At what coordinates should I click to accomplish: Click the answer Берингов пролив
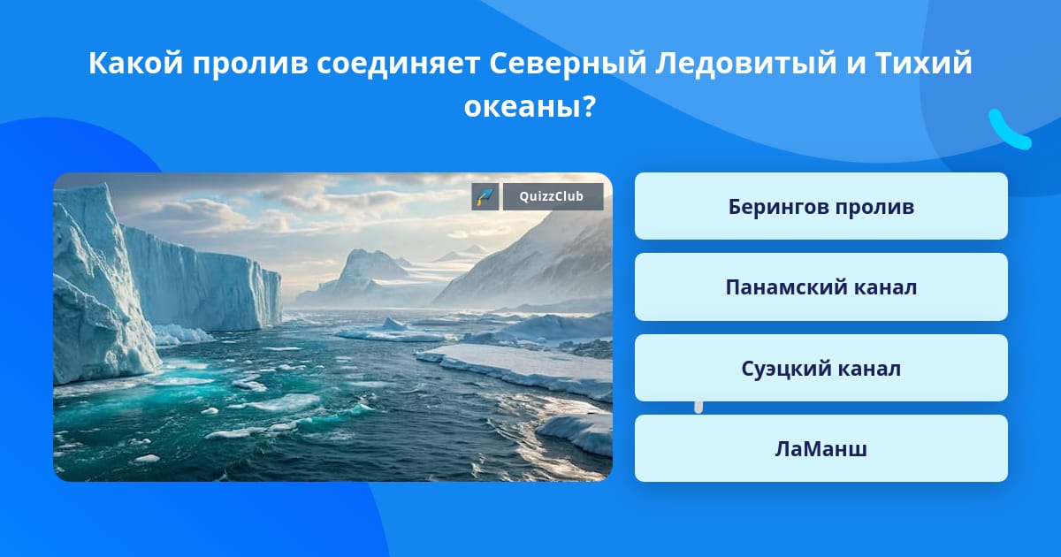coord(821,206)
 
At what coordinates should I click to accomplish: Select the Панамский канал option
coord(821,287)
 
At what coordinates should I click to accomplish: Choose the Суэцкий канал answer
coord(821,368)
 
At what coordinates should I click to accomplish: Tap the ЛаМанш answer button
coord(821,448)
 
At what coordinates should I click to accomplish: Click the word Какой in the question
coord(135,63)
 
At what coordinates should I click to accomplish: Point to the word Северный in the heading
coord(568,63)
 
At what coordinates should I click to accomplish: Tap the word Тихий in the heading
coord(924,63)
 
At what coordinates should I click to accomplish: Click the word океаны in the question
coord(523,107)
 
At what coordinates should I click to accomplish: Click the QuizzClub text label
coord(552,196)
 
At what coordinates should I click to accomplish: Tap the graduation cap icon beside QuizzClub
coord(485,196)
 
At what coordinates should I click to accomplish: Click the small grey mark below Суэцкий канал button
coord(698,408)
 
